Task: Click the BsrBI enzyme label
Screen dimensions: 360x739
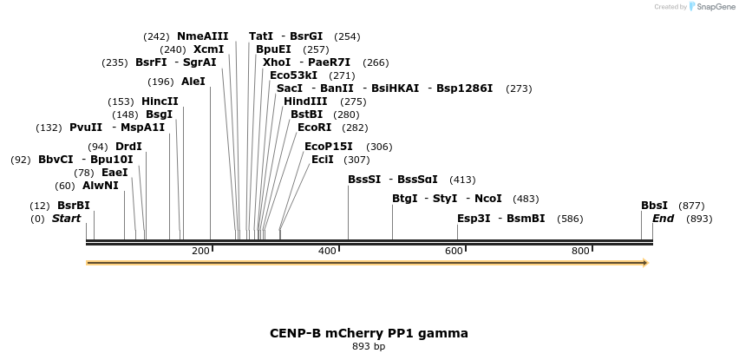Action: point(73,206)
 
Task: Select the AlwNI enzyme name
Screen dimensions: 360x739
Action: point(100,186)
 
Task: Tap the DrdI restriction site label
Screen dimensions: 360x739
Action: point(128,147)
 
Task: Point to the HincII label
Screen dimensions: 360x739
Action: point(160,101)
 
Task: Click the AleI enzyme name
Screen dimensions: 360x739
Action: point(193,82)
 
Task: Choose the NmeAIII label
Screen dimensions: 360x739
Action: point(202,36)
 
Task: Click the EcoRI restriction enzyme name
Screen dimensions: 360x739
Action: point(314,128)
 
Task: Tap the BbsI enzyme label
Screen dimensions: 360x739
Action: point(654,206)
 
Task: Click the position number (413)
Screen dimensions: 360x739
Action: point(462,180)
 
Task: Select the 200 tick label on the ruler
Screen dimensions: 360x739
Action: point(200,251)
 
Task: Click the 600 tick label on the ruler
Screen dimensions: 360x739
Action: point(454,251)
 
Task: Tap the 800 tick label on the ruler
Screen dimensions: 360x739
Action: point(580,251)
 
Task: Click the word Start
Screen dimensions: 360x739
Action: point(67,219)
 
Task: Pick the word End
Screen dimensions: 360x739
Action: point(664,219)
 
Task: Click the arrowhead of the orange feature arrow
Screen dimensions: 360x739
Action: point(644,262)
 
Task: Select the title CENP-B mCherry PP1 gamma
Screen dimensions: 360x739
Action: point(369,332)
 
